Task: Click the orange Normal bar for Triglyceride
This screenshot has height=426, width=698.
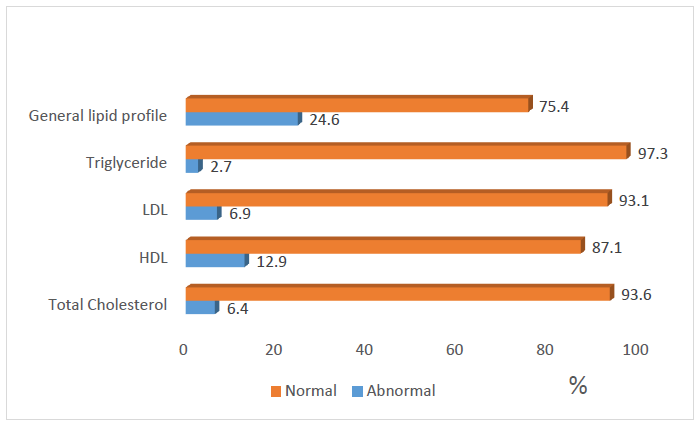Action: [x=407, y=152]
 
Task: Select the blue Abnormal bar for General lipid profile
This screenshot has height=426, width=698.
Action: [x=242, y=120]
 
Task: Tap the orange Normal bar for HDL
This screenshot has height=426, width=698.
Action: [x=384, y=246]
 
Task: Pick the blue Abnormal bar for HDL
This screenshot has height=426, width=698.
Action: [x=215, y=261]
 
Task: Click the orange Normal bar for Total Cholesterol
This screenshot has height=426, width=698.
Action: [x=398, y=293]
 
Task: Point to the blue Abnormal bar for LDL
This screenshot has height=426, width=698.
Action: [x=202, y=214]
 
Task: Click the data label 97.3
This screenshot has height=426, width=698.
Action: [x=653, y=153]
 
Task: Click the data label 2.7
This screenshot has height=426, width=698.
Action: [x=221, y=168]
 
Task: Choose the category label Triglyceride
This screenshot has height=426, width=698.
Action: [x=127, y=162]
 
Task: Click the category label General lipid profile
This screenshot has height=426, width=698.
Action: [x=97, y=115]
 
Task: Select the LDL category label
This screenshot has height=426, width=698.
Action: [x=155, y=210]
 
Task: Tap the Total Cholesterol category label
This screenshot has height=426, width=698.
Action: [x=108, y=304]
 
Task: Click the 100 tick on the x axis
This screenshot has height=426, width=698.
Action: [x=636, y=349]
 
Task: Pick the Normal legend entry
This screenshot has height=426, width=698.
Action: [x=304, y=391]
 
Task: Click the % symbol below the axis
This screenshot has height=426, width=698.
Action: [x=578, y=385]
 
